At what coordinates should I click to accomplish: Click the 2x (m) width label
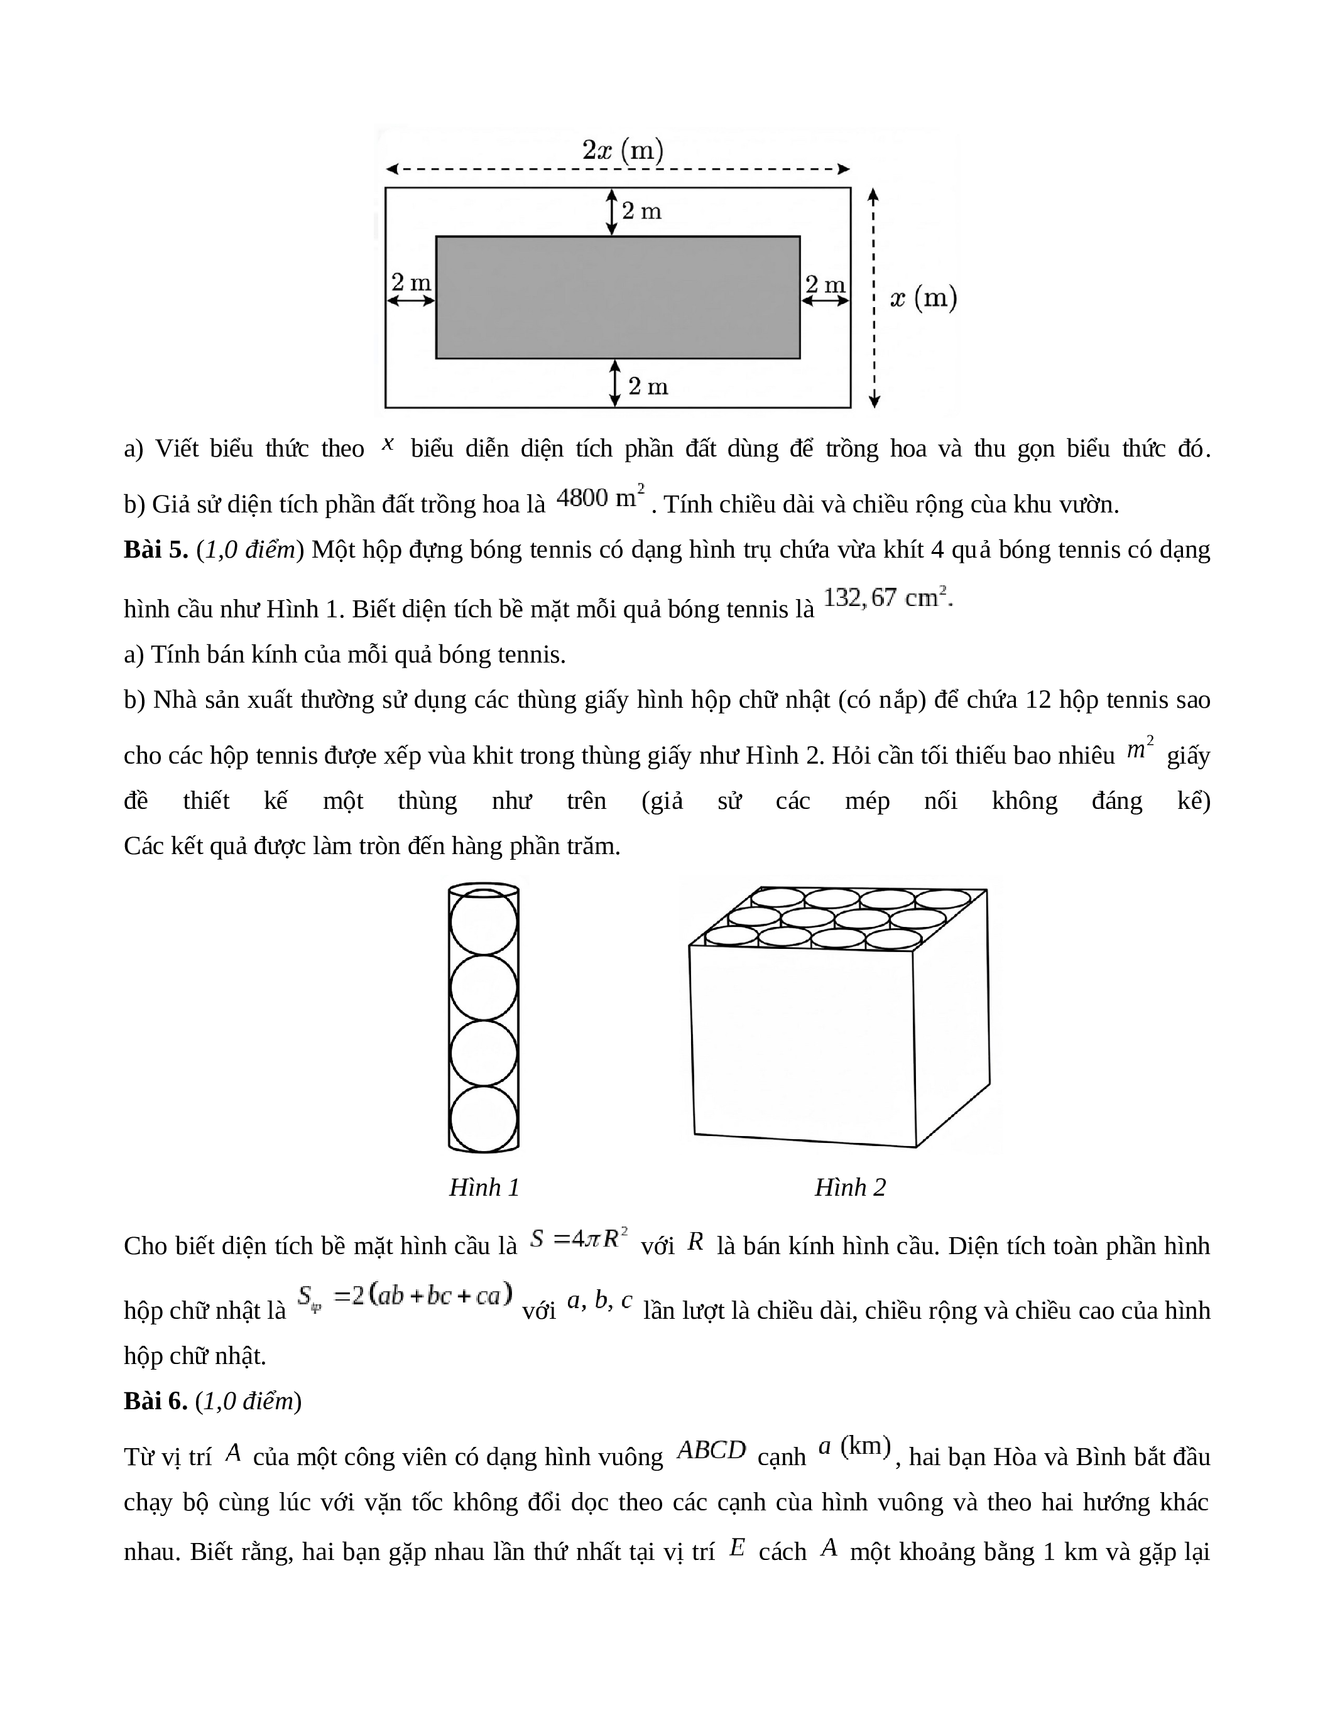click(623, 150)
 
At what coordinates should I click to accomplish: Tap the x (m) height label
click(923, 298)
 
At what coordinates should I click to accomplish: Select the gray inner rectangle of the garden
click(618, 297)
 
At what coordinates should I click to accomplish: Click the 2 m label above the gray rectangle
click(641, 211)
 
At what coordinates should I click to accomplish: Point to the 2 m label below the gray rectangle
click(648, 387)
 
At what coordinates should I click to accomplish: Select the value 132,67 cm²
click(887, 598)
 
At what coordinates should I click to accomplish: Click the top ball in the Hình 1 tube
click(483, 922)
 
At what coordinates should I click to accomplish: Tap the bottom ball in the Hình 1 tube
click(483, 1119)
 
